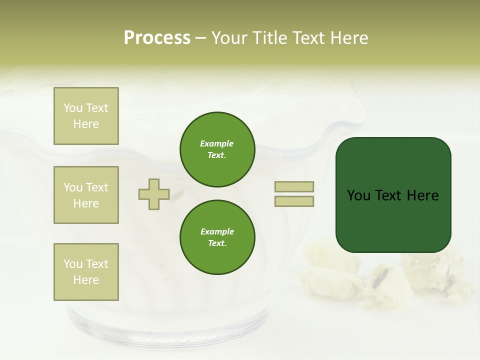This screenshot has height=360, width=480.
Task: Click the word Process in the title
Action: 157,38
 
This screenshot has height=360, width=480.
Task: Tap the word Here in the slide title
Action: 348,38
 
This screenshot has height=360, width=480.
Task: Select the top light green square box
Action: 86,116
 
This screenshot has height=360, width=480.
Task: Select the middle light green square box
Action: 86,195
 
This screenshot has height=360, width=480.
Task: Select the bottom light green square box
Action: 86,272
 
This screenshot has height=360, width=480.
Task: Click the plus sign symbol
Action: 154,194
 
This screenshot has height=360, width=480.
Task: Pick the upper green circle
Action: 217,149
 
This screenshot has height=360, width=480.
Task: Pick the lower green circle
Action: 217,237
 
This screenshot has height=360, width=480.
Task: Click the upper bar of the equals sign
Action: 294,186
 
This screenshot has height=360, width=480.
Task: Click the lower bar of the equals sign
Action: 294,201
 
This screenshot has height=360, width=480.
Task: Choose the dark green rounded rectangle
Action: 393,194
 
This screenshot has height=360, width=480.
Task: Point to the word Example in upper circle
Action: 217,143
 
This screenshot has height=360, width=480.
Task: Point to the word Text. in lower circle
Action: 217,243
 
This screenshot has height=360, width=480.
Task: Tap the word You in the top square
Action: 73,108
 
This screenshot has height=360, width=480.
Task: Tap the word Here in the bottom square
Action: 86,280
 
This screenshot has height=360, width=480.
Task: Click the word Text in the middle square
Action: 96,187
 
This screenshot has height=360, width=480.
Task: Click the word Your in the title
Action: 229,38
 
